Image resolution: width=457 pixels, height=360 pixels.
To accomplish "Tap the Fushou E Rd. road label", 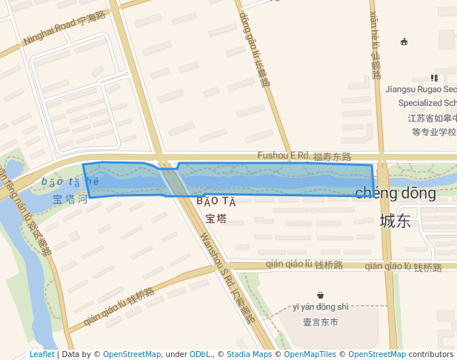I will click(304, 156).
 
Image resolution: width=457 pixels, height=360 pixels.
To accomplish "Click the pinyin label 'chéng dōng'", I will click(396, 193).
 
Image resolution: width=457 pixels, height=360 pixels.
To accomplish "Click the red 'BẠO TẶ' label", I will click(216, 201).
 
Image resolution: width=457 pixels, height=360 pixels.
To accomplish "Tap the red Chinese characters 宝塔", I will click(216, 219).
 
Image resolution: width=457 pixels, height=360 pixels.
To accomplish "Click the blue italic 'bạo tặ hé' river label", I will click(70, 182).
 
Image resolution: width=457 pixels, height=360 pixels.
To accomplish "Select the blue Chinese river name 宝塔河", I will click(70, 199).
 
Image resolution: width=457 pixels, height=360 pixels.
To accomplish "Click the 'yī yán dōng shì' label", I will click(320, 307).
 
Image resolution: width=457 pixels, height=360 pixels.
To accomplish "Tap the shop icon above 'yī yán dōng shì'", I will click(320, 295).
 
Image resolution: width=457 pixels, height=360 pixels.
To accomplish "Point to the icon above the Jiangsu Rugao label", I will click(434, 77).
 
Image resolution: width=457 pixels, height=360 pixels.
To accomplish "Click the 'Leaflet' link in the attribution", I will click(41, 354).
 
